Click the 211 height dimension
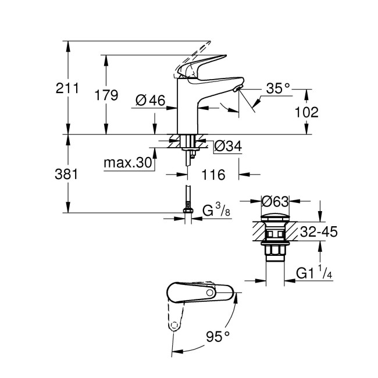(x=67, y=88)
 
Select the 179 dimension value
(x=106, y=95)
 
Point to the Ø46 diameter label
(x=150, y=100)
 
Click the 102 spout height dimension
(x=306, y=112)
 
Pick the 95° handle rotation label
(x=218, y=336)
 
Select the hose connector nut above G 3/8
(x=187, y=206)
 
